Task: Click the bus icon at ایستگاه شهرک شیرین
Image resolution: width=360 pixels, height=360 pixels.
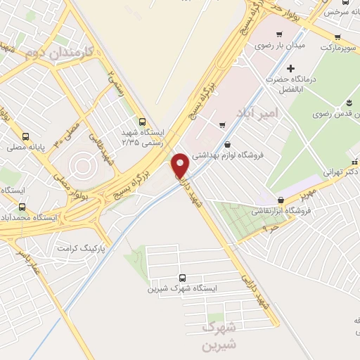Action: (183, 277)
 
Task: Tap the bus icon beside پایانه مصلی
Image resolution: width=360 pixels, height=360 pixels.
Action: (26, 136)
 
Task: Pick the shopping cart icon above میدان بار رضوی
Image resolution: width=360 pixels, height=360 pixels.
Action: (280, 34)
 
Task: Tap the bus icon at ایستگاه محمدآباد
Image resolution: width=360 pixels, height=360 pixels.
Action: (22, 207)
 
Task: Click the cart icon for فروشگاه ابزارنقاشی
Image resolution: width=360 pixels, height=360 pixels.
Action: (282, 200)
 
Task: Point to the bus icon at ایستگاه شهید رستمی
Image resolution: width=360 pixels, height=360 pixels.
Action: (143, 121)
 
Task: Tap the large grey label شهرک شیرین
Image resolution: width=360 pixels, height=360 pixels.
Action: (219, 336)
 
